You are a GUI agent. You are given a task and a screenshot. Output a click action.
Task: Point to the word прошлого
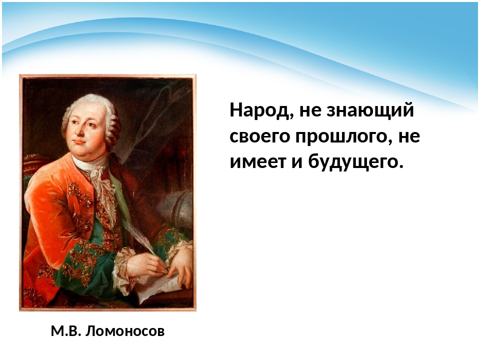(x=343, y=137)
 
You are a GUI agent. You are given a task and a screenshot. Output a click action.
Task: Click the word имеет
(x=257, y=161)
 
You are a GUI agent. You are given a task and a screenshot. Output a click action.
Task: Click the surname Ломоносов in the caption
(x=125, y=331)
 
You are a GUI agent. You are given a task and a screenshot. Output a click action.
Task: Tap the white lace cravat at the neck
(x=98, y=177)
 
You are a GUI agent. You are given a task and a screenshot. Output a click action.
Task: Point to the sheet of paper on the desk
(x=160, y=286)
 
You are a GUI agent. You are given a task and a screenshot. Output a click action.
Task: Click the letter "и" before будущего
(x=297, y=161)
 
